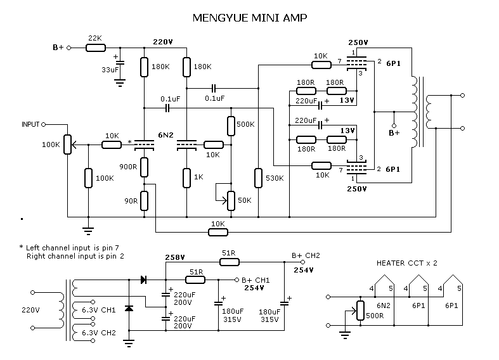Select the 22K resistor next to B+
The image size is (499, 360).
[x=95, y=48]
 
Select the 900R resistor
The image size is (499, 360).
[x=145, y=167]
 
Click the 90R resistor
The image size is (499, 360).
[x=145, y=200]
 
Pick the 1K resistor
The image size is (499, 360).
[x=187, y=178]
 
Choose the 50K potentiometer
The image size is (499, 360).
[x=231, y=200]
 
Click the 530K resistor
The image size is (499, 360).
[x=258, y=178]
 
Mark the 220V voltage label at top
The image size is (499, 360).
[x=163, y=42]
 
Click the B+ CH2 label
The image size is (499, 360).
[x=306, y=255]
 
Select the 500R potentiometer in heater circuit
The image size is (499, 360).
[x=360, y=311]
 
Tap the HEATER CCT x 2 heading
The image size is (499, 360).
[x=407, y=262]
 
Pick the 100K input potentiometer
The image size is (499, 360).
[x=67, y=145]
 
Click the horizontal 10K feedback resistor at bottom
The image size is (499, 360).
[x=217, y=232]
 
